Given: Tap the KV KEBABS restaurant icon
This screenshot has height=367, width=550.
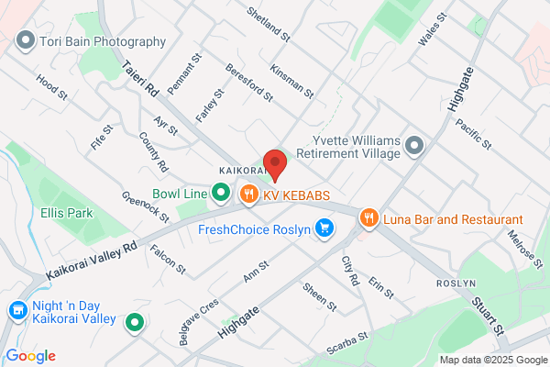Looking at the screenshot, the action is [x=248, y=194].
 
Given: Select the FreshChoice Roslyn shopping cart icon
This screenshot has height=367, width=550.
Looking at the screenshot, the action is [x=324, y=228].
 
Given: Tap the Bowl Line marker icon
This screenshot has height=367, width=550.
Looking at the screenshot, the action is [x=220, y=192].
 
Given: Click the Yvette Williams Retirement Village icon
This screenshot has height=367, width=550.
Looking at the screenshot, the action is [x=414, y=146].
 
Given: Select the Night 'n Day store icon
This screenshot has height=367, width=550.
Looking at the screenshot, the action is [x=16, y=311].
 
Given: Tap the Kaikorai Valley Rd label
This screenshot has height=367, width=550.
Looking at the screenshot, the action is [x=91, y=261].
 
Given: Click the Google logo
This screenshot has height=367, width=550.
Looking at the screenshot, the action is [x=30, y=356].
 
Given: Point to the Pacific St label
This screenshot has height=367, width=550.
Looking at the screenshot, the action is [x=474, y=134].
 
